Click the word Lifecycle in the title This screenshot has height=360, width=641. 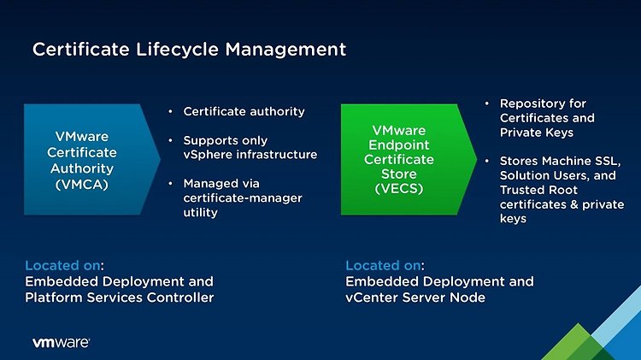(x=177, y=50)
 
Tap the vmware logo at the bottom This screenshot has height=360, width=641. (x=61, y=342)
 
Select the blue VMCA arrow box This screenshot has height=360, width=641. (x=91, y=159)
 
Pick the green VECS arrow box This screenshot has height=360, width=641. (x=409, y=159)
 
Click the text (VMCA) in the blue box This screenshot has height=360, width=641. (x=82, y=185)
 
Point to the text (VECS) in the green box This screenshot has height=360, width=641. (x=399, y=189)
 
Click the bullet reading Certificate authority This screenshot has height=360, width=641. (x=244, y=111)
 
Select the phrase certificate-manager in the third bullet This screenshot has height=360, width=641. (x=243, y=198)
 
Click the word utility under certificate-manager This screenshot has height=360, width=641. (x=200, y=213)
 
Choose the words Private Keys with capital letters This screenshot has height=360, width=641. (x=537, y=133)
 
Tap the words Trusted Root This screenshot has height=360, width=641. (x=538, y=190)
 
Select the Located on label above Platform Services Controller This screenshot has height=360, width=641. (x=64, y=265)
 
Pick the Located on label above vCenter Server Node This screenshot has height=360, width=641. (x=385, y=265)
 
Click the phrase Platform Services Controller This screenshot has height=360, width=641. (x=120, y=298)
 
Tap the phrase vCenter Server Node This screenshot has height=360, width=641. (x=415, y=298)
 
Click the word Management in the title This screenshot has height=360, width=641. (x=285, y=50)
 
